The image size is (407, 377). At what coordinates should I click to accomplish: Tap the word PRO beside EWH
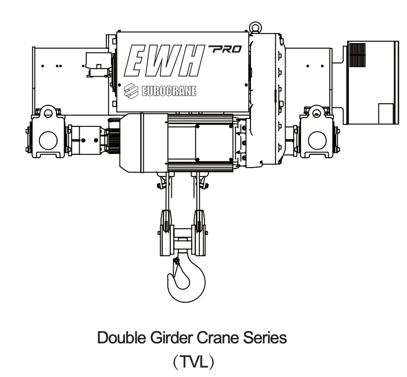[x=225, y=49]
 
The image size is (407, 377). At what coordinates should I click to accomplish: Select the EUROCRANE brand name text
[x=169, y=91]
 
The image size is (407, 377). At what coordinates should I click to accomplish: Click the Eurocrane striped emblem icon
[x=131, y=91]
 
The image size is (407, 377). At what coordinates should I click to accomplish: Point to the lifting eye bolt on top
[x=255, y=27]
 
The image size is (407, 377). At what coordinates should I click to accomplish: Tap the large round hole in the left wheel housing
[x=48, y=140]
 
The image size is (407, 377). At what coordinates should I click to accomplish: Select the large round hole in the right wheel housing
[x=317, y=140]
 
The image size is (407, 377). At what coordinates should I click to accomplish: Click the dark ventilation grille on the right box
[x=357, y=55]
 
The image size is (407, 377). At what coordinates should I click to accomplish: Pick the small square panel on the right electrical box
[x=386, y=114]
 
